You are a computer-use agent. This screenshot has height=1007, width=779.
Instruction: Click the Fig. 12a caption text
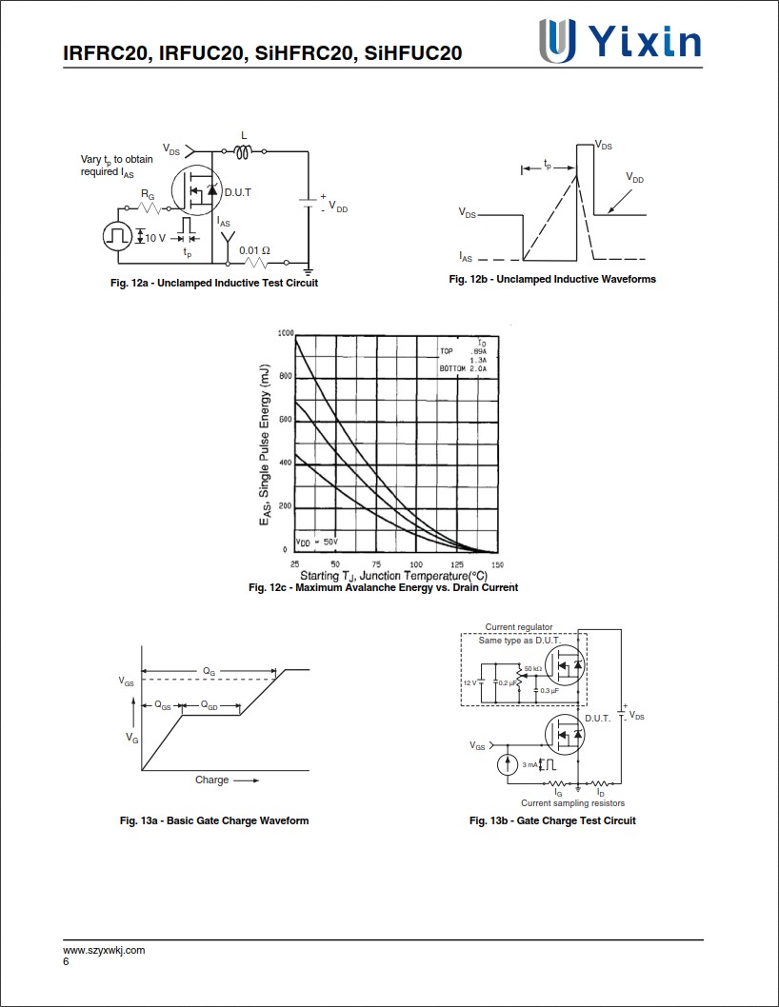[213, 283]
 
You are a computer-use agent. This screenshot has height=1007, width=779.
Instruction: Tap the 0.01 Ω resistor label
[254, 250]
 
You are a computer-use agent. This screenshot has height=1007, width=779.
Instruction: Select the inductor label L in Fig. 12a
[244, 135]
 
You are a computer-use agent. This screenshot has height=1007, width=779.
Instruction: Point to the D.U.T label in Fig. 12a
[238, 192]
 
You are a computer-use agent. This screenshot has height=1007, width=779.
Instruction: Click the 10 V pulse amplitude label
[155, 237]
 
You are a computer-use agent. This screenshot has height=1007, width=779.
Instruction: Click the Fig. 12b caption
[552, 279]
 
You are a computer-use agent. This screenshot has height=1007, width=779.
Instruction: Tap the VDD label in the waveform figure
[634, 178]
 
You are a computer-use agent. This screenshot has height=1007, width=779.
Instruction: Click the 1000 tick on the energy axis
[285, 333]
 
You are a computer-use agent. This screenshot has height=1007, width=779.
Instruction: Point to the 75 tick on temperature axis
[376, 565]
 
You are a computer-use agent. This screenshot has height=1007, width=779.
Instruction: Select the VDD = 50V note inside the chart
[317, 542]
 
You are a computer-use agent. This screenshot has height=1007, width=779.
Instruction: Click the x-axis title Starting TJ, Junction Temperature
[393, 576]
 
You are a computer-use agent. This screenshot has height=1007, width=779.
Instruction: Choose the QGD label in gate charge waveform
[209, 706]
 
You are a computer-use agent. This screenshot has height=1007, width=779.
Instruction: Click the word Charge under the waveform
[211, 780]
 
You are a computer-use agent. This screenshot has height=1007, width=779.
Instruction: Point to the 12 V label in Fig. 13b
[469, 682]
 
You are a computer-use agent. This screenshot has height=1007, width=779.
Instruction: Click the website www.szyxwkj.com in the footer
[104, 950]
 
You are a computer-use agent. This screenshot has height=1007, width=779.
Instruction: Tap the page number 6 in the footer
[66, 961]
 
